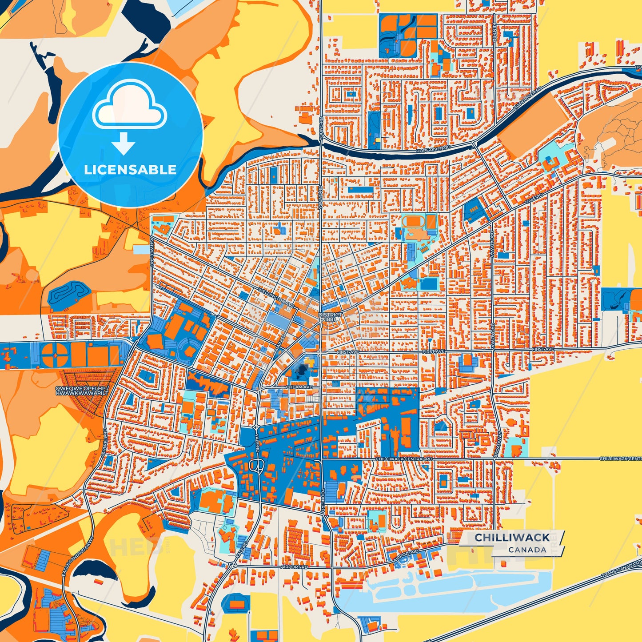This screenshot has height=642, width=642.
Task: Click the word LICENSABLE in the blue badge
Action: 130,170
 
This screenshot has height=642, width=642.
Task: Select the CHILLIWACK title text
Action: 512,538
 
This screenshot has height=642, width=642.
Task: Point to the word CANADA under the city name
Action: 527,550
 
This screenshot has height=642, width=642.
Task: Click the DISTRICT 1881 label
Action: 330,317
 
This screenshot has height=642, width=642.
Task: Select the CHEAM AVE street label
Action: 299,387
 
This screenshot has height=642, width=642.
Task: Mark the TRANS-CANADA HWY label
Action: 622,570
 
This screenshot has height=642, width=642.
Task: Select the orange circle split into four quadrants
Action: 55,354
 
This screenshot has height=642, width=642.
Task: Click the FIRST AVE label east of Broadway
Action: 544,349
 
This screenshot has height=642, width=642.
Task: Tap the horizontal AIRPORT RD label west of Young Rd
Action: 294,567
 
